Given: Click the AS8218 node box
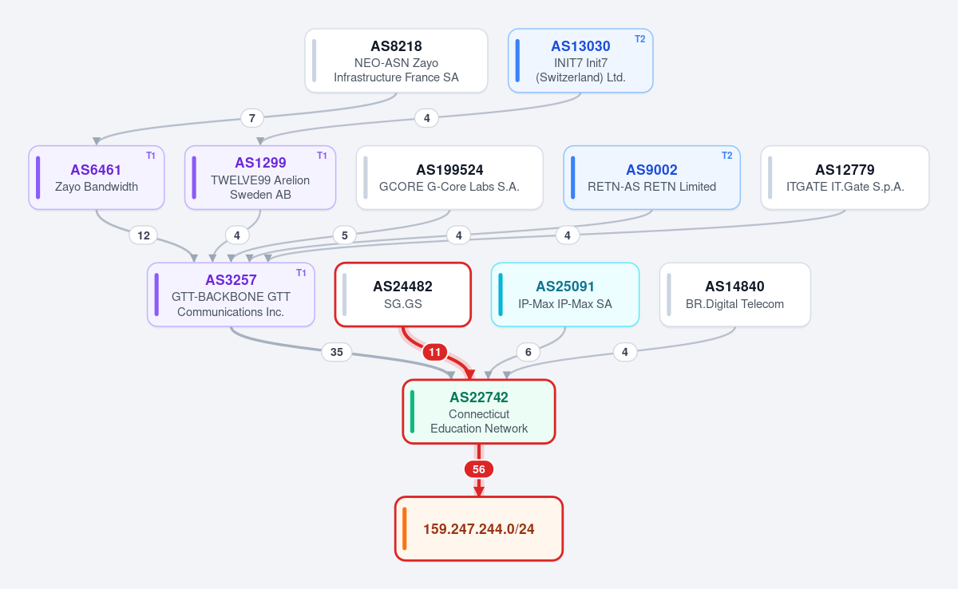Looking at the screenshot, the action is tap(396, 61).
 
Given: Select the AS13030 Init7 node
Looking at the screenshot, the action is tap(580, 61).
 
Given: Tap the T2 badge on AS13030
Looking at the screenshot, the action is tap(639, 39).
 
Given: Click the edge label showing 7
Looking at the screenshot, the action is tap(252, 118).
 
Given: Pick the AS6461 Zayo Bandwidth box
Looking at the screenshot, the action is tap(97, 177).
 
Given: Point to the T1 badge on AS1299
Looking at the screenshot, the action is tap(322, 156).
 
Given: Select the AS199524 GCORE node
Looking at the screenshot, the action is tap(449, 177).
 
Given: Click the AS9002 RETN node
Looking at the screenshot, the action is tap(651, 177).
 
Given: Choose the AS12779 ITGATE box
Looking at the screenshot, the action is tap(845, 177).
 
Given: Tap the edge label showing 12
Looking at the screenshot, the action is tap(143, 235).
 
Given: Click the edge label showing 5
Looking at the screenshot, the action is tap(344, 235).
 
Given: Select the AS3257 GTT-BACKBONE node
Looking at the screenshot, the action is tap(231, 294).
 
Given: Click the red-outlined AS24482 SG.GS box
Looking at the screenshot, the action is tap(403, 294).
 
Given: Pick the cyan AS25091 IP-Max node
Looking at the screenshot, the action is tap(565, 294).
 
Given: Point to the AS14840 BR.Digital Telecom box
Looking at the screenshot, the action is tap(734, 294).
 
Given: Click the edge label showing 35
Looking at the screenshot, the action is tap(337, 352).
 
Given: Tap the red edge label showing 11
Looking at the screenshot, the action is tap(434, 352).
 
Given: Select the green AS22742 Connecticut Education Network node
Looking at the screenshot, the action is tap(478, 412).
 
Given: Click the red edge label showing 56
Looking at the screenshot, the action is tap(478, 469).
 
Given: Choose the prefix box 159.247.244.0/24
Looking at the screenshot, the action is tap(478, 528).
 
